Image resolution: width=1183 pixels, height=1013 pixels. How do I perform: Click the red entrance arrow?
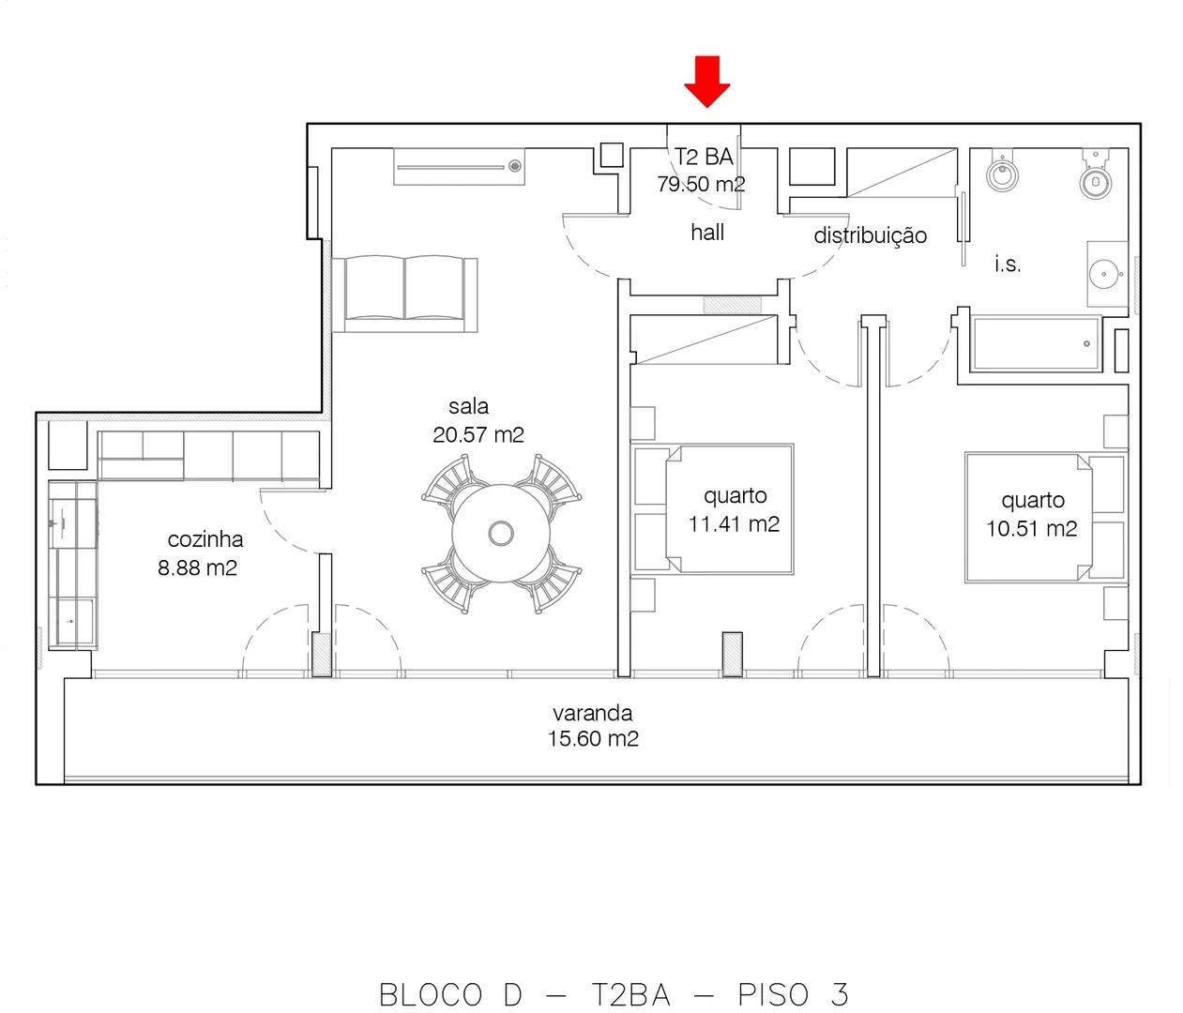[706, 82]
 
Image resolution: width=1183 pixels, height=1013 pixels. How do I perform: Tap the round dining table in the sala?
[501, 534]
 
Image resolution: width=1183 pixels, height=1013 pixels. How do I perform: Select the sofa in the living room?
[404, 294]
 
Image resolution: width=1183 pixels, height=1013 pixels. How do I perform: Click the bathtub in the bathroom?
[1037, 343]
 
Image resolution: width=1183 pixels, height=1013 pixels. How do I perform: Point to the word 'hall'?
[707, 233]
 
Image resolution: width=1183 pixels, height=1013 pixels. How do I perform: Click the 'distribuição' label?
[870, 235]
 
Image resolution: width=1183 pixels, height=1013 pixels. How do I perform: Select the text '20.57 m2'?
[478, 435]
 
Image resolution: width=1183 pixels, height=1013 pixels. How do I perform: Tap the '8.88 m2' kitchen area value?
[197, 567]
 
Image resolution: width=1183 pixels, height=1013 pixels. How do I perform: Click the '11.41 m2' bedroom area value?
[734, 523]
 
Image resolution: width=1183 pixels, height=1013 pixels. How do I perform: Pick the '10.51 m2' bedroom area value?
[1031, 528]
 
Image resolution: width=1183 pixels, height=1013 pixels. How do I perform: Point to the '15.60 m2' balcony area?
[593, 738]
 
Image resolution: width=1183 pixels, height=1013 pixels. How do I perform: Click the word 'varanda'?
[593, 713]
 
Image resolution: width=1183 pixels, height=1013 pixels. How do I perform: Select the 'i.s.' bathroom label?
[1008, 264]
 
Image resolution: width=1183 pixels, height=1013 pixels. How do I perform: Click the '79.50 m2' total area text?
[701, 184]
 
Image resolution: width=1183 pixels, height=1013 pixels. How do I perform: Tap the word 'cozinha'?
[205, 539]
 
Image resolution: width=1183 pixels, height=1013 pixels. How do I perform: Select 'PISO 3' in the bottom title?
[794, 994]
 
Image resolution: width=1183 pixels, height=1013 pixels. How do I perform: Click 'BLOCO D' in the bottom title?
[450, 994]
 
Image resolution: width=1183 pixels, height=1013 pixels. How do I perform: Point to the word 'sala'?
[469, 406]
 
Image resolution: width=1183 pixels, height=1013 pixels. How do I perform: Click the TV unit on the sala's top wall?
[459, 167]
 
